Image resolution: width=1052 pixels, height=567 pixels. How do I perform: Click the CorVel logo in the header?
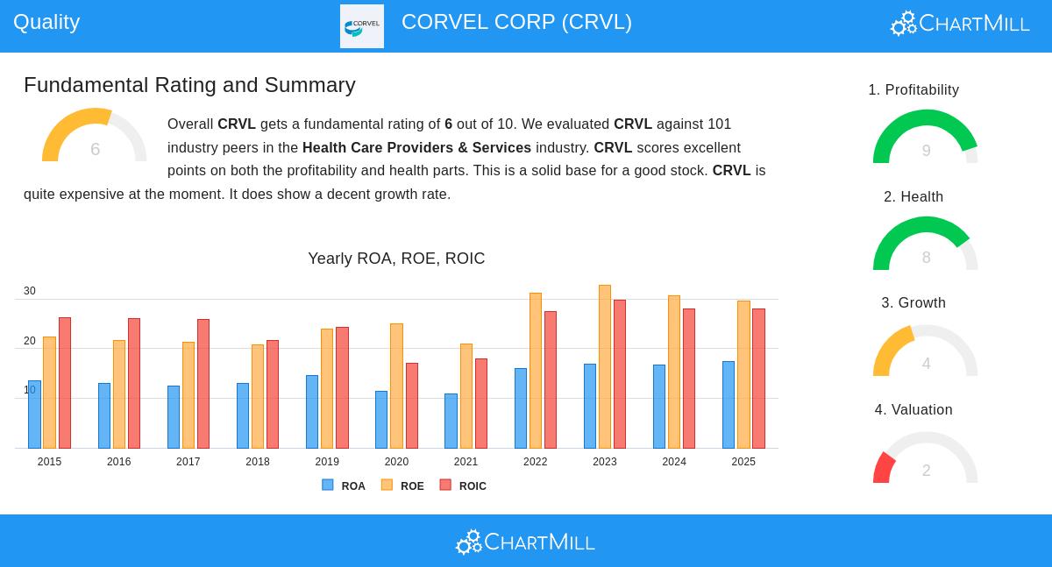tap(362, 26)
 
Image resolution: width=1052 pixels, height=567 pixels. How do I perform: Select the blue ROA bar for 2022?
tap(521, 408)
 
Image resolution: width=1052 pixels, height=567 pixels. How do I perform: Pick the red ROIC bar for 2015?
tap(65, 383)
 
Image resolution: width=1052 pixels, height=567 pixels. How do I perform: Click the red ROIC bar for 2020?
tap(412, 406)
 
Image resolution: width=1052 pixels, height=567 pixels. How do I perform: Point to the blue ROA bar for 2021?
tap(451, 422)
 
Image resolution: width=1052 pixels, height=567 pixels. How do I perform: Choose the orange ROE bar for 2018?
tap(258, 396)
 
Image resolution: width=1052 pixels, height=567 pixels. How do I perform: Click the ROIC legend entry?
tap(463, 485)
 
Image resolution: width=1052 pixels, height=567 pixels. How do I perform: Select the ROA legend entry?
tap(344, 485)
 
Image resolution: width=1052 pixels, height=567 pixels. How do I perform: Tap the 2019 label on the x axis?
tap(327, 462)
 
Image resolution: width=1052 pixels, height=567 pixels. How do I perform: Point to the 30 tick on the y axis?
tap(30, 291)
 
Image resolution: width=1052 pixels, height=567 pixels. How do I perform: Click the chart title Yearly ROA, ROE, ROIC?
tap(396, 259)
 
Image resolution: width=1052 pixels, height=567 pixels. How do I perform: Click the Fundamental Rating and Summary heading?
tap(189, 85)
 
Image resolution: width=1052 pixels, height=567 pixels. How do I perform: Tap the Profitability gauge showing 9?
tap(926, 137)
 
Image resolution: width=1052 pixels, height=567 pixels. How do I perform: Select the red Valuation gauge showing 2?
tap(926, 457)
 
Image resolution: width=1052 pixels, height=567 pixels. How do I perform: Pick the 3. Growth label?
tap(913, 303)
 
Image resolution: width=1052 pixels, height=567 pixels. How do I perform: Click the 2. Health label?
tap(913, 197)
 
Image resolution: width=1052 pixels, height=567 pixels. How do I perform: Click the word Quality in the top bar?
tap(46, 22)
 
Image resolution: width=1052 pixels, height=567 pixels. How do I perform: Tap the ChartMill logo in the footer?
tap(525, 542)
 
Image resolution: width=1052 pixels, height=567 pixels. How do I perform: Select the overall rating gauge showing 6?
tap(95, 136)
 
